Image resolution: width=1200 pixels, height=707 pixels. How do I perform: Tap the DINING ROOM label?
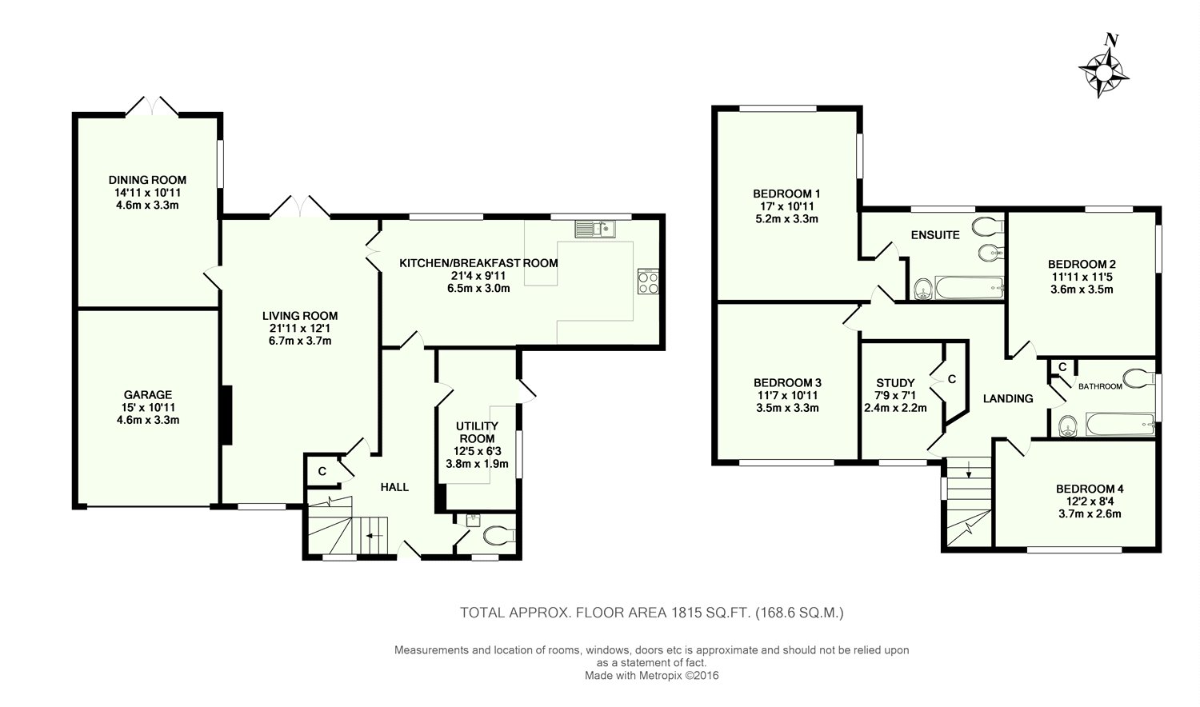coord(147,180)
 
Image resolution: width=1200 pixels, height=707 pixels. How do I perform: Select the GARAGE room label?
coord(148,395)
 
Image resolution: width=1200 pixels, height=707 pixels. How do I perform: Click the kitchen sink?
coord(595,229)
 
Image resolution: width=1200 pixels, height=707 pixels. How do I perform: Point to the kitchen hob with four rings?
coord(648,282)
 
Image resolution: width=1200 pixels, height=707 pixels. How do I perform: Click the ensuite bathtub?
coord(969,288)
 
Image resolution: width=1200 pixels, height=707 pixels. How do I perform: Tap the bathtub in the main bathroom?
coord(1120,425)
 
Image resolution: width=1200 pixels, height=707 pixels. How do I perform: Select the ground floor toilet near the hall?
coord(499,535)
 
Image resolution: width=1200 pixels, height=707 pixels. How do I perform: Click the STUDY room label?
coord(895,383)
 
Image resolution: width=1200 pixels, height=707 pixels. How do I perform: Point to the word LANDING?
coord(1008,398)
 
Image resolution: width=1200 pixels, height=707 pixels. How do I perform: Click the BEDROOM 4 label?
coord(1090,489)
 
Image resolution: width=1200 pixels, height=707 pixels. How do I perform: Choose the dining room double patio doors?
coord(152,106)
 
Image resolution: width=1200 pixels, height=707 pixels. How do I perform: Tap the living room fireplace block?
coord(226,415)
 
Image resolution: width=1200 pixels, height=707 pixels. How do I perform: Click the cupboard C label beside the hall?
coord(322,471)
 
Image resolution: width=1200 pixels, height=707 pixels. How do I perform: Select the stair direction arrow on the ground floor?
coord(374,536)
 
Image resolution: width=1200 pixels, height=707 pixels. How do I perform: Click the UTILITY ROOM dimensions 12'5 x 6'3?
coord(477,452)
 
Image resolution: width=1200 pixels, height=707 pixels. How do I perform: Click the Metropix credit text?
coord(651,676)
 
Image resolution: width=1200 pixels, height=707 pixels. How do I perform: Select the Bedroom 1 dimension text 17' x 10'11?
coord(786,206)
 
